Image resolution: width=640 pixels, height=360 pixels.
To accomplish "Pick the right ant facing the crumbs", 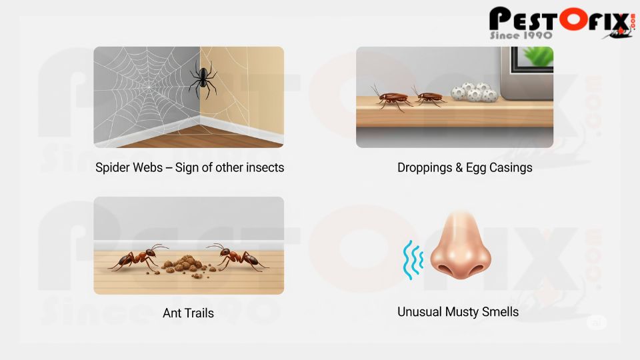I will (x=235, y=257).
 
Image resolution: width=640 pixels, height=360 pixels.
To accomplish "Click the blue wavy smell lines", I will (x=410, y=259).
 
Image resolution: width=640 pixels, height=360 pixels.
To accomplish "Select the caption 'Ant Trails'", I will (x=188, y=313).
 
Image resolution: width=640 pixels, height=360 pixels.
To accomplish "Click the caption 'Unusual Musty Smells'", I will (x=457, y=311).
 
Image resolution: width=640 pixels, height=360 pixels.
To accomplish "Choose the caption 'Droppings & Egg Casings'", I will (x=465, y=167).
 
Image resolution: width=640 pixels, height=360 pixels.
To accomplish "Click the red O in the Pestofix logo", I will (x=573, y=18).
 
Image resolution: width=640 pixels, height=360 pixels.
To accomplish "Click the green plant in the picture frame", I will (x=537, y=55).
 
